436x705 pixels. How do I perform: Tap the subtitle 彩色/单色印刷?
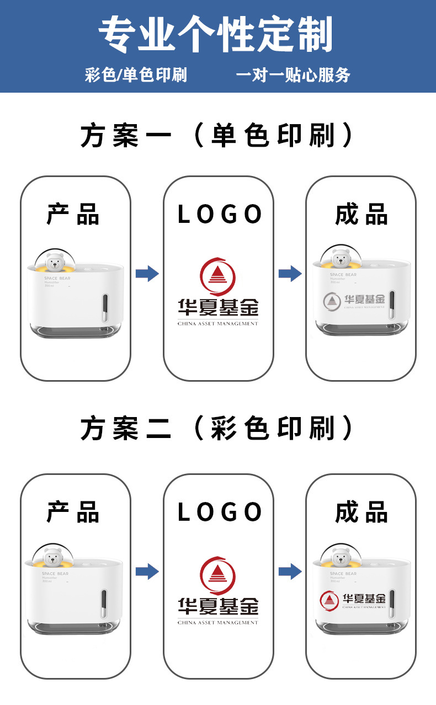point(136,75)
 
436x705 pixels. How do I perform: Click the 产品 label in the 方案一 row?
point(73,215)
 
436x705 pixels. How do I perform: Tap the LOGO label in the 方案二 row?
point(219,512)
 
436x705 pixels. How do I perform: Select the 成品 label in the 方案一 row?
point(361,215)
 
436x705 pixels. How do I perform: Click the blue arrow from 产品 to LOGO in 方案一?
point(147,273)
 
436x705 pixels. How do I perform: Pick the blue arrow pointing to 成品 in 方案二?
point(290,572)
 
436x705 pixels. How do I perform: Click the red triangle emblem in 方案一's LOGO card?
point(217,277)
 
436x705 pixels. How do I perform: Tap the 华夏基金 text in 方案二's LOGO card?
point(218,607)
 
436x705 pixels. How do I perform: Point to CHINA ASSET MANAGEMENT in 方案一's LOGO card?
point(218,323)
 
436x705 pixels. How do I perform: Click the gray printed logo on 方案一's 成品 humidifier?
point(353,300)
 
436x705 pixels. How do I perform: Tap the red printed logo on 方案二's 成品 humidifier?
point(353,600)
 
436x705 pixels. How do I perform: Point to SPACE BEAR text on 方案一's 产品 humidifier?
point(57,279)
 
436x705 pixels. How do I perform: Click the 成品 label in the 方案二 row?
point(361,512)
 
